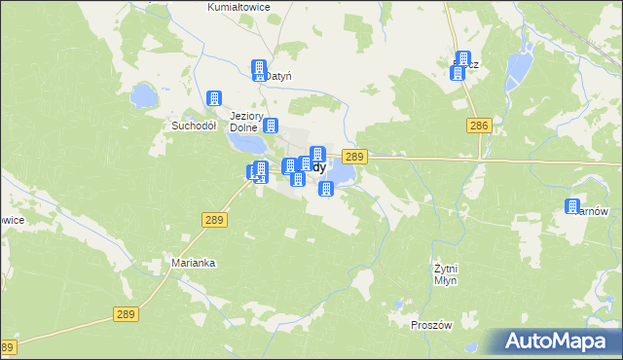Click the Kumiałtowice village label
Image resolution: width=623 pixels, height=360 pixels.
coord(238,7)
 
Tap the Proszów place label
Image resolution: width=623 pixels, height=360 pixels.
coord(432,326)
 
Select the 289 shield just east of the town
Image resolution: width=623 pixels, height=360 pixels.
coord(354,157)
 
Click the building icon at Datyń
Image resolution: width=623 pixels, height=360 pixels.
coord(259,69)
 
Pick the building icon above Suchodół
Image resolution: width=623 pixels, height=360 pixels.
coord(214,98)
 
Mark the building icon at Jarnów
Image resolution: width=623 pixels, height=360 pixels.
coord(572,207)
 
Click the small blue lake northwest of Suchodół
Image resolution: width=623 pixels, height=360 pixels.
coord(144,95)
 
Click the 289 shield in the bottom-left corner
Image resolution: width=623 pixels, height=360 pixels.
coord(8,347)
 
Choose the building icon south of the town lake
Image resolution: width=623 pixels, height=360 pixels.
coord(326,188)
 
